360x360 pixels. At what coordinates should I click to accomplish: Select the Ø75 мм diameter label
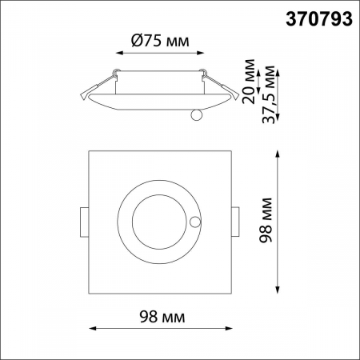tap(158, 42)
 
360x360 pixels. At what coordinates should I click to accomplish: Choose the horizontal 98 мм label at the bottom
tap(157, 318)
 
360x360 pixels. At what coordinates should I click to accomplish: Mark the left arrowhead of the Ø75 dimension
tap(119, 54)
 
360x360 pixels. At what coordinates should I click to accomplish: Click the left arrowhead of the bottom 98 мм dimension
tap(90, 328)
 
